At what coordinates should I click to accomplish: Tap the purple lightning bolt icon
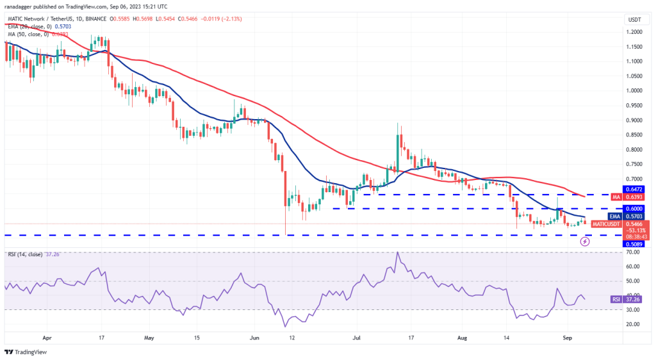coord(585,241)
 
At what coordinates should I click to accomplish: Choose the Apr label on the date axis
coord(45,336)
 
